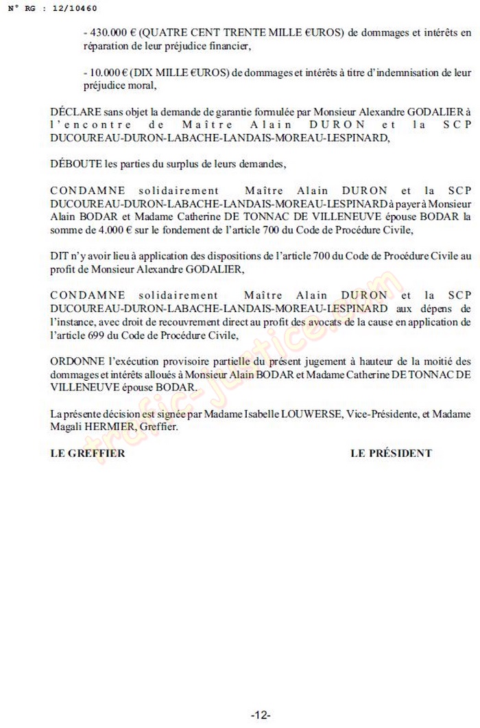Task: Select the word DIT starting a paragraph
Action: coord(59,255)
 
